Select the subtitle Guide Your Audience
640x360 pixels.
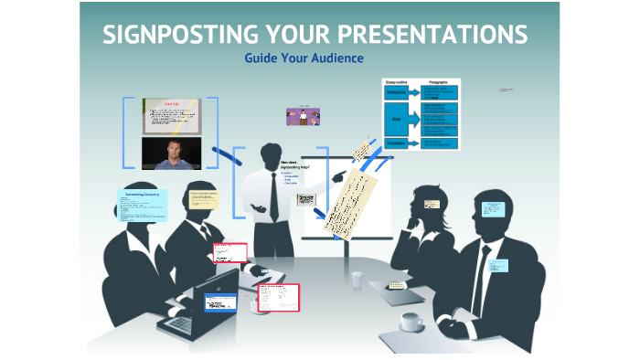304,58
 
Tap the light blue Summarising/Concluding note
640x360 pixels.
142,206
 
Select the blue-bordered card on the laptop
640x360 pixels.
220,302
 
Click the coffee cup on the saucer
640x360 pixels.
410,321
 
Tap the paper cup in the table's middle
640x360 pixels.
356,279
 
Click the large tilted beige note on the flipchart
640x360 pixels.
352,196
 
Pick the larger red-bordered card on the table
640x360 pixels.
278,297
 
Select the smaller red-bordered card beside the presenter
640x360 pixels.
229,252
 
